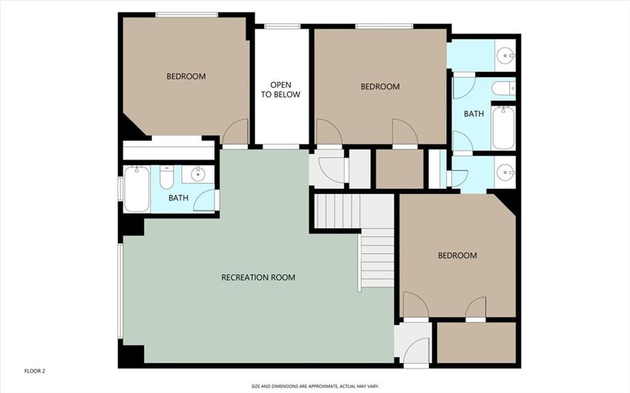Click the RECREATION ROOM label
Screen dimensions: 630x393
pyautogui.click(x=258, y=277)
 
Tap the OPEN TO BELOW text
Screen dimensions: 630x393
pyautogui.click(x=281, y=90)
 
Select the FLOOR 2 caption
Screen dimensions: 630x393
pyautogui.click(x=34, y=371)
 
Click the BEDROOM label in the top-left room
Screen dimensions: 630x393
pyautogui.click(x=186, y=76)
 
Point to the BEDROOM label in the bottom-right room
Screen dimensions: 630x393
pyautogui.click(x=457, y=255)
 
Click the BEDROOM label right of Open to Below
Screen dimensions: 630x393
pyautogui.click(x=380, y=86)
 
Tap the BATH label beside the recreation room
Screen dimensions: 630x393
pyautogui.click(x=178, y=197)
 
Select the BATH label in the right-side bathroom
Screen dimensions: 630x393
pyautogui.click(x=474, y=114)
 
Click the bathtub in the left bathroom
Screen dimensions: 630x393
pyautogui.click(x=137, y=189)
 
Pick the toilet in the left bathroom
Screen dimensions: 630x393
pyautogui.click(x=166, y=177)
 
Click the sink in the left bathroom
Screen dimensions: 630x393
pyautogui.click(x=197, y=174)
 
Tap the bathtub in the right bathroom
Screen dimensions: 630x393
pyautogui.click(x=503, y=128)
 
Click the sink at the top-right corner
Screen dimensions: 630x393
pyautogui.click(x=505, y=55)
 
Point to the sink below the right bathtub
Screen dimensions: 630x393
pyautogui.click(x=505, y=172)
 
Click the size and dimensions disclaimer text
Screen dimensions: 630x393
pyautogui.click(x=315, y=386)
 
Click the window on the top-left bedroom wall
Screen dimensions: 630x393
pyautogui.click(x=187, y=15)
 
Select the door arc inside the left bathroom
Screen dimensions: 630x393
pyautogui.click(x=204, y=200)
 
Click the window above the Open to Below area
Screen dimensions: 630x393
pyautogui.click(x=282, y=26)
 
